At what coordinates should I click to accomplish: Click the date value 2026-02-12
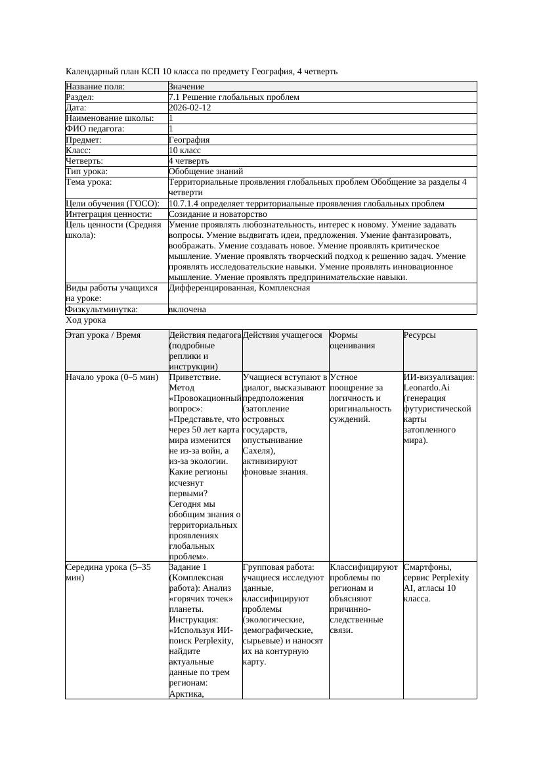coord(190,108)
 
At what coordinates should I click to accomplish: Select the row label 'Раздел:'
coord(81,97)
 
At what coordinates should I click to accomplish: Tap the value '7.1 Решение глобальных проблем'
coord(234,97)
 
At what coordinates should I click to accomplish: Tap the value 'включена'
coord(187,310)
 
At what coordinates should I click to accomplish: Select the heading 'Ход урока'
coord(86,320)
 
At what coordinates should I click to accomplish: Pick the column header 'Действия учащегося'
coord(282,335)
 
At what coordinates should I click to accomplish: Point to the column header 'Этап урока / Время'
coord(103,335)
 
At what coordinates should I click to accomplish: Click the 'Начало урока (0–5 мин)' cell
coord(112,378)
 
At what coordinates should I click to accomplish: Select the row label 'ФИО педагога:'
coord(95,129)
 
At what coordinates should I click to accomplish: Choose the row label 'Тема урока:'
coord(89,182)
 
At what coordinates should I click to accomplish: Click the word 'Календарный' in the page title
coord(92,72)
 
